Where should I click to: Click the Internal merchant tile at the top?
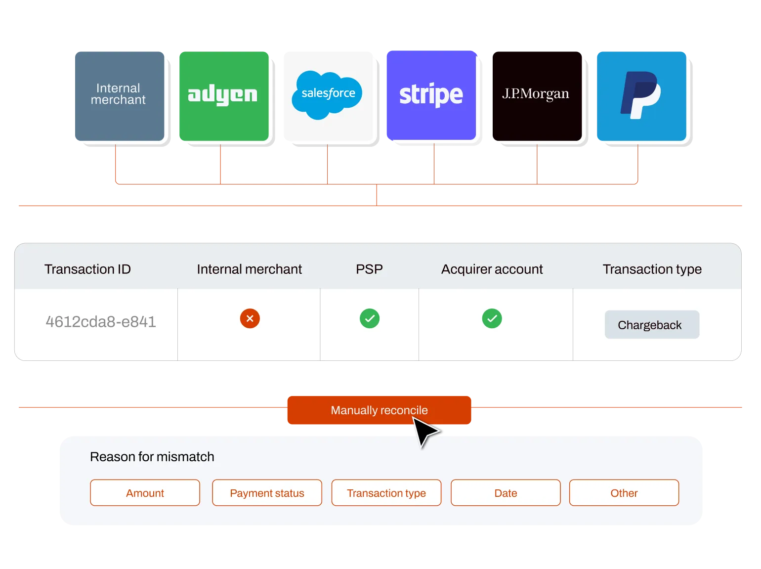pyautogui.click(x=120, y=96)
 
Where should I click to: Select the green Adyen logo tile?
pyautogui.click(x=223, y=96)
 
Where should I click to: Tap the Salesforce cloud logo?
pyautogui.click(x=327, y=95)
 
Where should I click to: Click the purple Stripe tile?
pyautogui.click(x=431, y=95)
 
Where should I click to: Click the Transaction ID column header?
pyautogui.click(x=87, y=269)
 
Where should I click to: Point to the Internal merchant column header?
pyautogui.click(x=249, y=269)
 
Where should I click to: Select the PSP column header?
pyautogui.click(x=369, y=269)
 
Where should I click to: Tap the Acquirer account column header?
pyautogui.click(x=492, y=269)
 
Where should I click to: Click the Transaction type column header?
pyautogui.click(x=652, y=269)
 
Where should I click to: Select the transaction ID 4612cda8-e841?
pyautogui.click(x=101, y=322)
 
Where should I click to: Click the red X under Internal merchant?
pyautogui.click(x=250, y=318)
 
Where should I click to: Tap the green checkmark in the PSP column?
pyautogui.click(x=370, y=318)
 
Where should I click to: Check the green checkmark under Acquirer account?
pyautogui.click(x=492, y=318)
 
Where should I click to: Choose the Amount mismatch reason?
pyautogui.click(x=145, y=493)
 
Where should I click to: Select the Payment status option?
pyautogui.click(x=267, y=493)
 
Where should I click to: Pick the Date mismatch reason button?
pyautogui.click(x=506, y=493)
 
